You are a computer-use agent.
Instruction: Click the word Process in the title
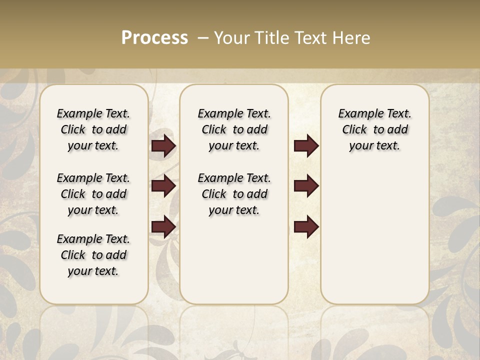point(154,38)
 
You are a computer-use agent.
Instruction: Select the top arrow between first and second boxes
point(163,145)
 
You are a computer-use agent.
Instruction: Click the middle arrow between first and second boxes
point(163,186)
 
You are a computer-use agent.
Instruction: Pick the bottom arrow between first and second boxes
point(163,227)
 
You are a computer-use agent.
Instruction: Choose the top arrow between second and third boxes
point(306,145)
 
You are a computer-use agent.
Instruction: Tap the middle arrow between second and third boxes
point(306,186)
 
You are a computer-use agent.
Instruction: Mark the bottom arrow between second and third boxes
point(306,227)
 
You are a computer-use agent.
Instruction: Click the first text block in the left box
point(93,129)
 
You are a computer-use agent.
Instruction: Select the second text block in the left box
point(93,194)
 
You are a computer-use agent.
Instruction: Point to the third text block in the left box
point(93,255)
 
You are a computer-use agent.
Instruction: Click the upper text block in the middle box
point(234,129)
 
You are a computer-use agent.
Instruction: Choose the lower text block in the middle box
point(234,194)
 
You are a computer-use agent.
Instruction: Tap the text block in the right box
point(374,129)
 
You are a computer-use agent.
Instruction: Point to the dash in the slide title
point(203,38)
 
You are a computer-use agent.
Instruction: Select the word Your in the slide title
point(231,38)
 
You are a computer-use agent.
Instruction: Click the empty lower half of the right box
point(374,240)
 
